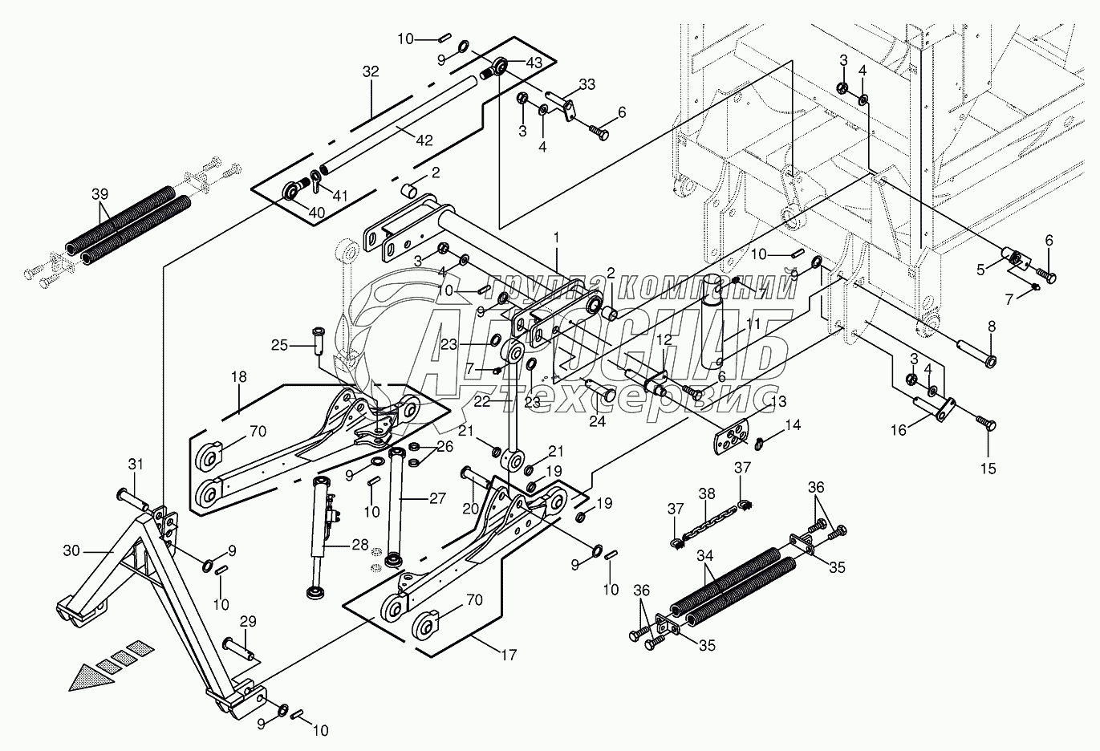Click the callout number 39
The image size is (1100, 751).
(x=99, y=194)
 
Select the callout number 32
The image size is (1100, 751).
(x=371, y=71)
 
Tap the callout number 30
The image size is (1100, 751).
(x=71, y=550)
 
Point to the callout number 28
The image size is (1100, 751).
(x=360, y=545)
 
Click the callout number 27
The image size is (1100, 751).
(x=437, y=498)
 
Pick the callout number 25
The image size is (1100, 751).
(x=279, y=345)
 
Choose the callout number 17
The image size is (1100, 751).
(x=509, y=655)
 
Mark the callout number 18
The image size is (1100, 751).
(x=238, y=377)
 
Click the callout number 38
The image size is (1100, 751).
(x=707, y=493)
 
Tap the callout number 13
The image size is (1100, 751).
(x=778, y=401)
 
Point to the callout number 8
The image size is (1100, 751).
(x=992, y=327)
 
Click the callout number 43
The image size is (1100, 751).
(x=534, y=63)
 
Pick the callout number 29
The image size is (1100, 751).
(x=248, y=621)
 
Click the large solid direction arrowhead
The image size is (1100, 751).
(x=91, y=678)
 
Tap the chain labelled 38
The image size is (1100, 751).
(x=706, y=525)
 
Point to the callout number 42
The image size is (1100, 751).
(x=424, y=140)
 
